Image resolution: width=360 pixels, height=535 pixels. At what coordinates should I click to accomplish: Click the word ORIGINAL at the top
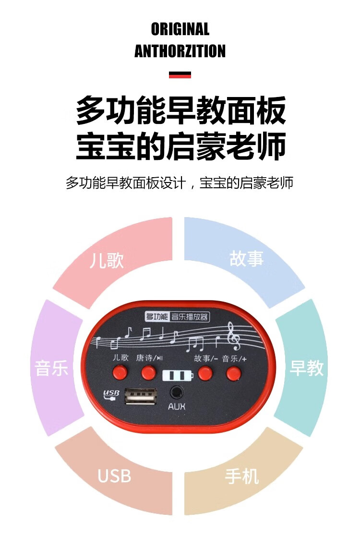click(180, 29)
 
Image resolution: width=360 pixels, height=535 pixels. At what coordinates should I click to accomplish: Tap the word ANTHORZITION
click(180, 51)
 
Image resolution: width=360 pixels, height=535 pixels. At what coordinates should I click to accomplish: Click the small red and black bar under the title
click(180, 75)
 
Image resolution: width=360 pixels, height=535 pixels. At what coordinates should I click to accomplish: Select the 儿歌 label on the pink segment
click(107, 260)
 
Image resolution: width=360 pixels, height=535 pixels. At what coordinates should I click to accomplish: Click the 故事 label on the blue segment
click(247, 258)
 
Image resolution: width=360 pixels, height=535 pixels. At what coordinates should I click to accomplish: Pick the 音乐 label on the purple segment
click(52, 368)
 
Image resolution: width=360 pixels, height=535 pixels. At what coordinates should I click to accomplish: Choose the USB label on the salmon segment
click(114, 476)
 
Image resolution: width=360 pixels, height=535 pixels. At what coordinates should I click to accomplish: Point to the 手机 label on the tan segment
click(242, 476)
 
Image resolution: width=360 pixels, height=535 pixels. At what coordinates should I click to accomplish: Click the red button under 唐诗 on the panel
click(149, 372)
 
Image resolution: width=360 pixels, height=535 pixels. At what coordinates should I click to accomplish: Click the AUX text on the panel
click(177, 407)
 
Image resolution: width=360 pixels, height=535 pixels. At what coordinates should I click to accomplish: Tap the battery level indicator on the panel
click(178, 375)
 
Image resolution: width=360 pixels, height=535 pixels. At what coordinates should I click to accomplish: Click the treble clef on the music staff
click(234, 336)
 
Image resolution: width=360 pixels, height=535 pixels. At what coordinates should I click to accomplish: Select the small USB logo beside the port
click(111, 395)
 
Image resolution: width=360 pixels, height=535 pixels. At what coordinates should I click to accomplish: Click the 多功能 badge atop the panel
click(157, 316)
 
